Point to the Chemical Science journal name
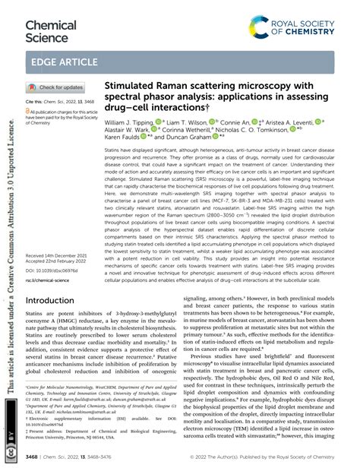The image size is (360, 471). click(x=50, y=31)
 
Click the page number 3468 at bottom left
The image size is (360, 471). click(x=35, y=459)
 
